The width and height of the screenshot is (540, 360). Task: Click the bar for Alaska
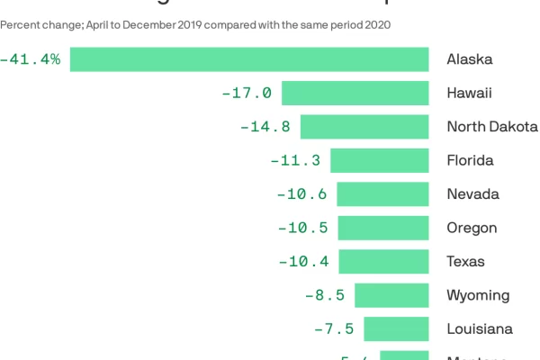249,59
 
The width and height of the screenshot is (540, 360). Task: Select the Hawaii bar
355,93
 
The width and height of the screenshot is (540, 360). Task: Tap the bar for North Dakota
364,127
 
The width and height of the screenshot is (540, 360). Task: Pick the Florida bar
379,160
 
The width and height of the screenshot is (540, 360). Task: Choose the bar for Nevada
382,194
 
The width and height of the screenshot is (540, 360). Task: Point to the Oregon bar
382,228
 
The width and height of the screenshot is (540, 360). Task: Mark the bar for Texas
382,262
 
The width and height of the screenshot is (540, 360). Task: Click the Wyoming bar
391,295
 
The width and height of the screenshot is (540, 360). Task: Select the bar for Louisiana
396,329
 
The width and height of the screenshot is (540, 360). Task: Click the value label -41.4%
30,59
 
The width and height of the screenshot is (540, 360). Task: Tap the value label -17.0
246,93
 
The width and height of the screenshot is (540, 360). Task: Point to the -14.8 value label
265,127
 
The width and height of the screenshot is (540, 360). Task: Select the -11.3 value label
295,160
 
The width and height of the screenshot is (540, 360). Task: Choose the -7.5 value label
333,329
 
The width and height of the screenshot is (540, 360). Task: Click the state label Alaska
470,59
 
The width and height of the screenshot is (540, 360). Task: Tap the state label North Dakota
492,127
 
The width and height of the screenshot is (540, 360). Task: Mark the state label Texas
465,262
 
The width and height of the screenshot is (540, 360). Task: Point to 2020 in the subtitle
377,25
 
